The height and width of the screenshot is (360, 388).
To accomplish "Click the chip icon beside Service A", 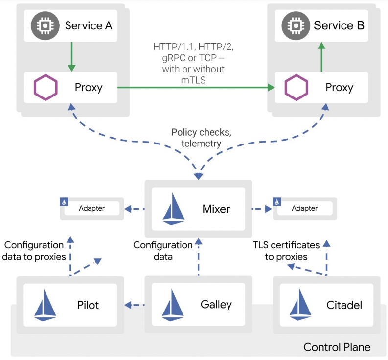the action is click(45, 25).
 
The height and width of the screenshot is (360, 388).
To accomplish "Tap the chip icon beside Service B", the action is click(296, 25).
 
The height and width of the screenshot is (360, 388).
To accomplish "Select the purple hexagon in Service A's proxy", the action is click(46, 88).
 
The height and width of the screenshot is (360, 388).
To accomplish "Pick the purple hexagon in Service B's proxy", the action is click(297, 88).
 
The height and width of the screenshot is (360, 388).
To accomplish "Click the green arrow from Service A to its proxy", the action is click(72, 56).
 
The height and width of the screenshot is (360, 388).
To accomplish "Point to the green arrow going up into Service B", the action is click(321, 57).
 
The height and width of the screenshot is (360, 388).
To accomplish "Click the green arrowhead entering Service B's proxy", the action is click(271, 87).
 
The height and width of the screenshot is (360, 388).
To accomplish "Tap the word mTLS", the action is click(193, 80).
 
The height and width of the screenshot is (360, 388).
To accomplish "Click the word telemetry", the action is click(201, 144).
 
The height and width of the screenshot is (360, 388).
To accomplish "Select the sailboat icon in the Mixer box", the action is click(174, 209).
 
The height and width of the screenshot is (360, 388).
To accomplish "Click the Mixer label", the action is click(216, 209).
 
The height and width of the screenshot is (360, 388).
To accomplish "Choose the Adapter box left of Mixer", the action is click(92, 208).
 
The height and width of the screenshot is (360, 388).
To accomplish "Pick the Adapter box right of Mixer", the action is click(305, 208).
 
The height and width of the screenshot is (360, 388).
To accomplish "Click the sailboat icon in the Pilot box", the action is click(45, 305).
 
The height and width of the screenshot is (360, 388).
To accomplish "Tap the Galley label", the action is click(216, 305).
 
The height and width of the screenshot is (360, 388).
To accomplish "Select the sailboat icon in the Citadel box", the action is click(300, 305).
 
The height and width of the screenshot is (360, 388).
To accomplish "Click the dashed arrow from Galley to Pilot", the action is click(135, 305).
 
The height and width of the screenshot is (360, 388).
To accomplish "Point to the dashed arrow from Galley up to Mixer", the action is click(199, 257).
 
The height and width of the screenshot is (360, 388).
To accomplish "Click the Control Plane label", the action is click(337, 347).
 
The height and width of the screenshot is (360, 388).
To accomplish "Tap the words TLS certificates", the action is click(286, 245).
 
